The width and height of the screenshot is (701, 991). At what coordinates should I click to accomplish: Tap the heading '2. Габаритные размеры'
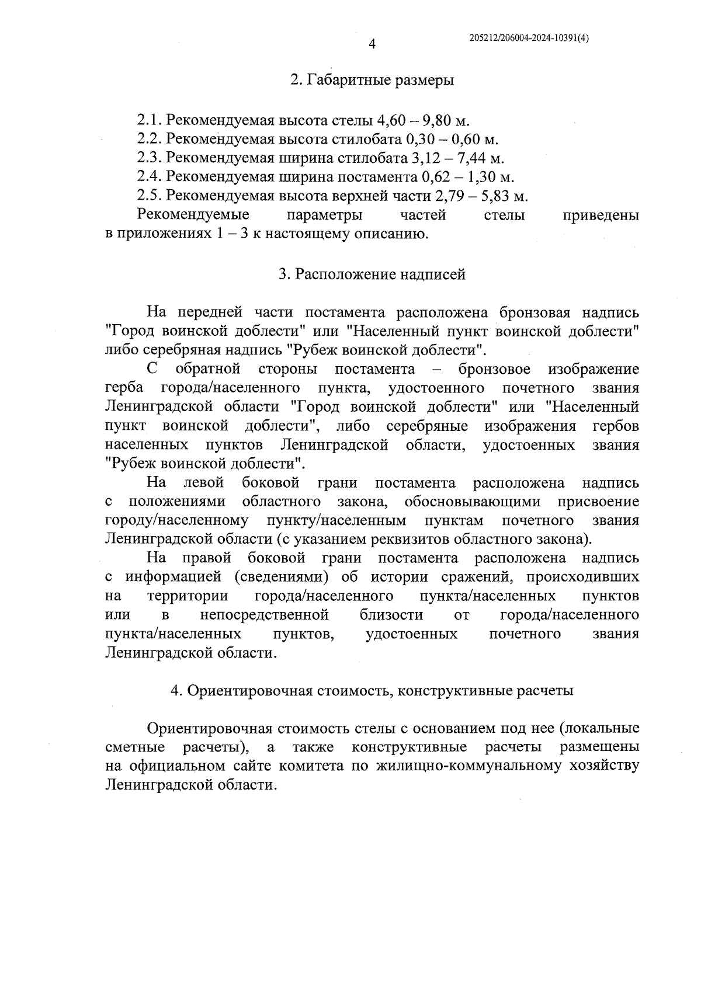[372, 80]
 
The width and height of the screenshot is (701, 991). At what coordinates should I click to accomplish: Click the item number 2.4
[149, 177]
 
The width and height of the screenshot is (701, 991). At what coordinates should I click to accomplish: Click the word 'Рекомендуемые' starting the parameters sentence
[193, 215]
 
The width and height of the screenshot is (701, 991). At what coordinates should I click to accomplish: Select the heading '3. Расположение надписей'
[372, 274]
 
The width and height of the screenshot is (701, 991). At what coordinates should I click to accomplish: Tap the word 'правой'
[207, 558]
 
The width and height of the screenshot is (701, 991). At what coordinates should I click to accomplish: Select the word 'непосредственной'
[265, 615]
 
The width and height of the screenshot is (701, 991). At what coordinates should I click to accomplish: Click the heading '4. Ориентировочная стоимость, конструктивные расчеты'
[372, 690]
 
